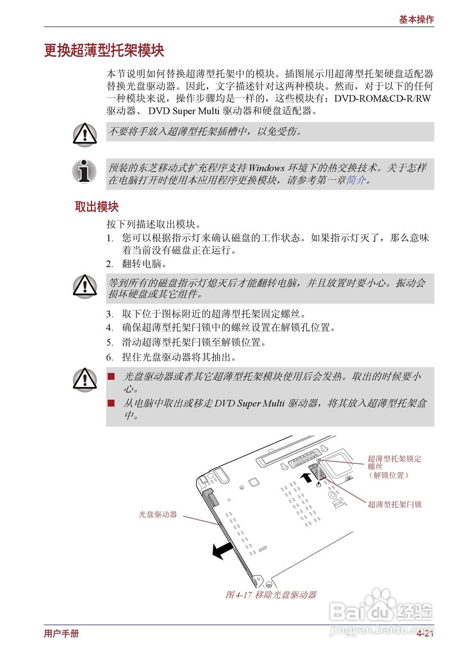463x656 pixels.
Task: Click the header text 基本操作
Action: (x=416, y=19)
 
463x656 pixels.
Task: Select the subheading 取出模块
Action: (x=97, y=207)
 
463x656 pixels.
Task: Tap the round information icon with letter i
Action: (x=84, y=171)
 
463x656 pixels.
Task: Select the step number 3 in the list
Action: (x=109, y=314)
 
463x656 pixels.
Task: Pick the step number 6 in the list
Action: (x=109, y=357)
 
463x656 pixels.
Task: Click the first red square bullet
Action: (x=111, y=377)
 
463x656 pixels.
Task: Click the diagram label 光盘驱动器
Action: (x=158, y=514)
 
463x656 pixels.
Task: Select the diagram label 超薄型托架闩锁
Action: (x=394, y=505)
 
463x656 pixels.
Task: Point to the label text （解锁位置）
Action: (x=388, y=475)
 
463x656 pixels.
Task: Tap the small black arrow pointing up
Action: (x=306, y=478)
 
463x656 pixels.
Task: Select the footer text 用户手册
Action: (x=62, y=634)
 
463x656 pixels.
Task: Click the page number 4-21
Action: (x=425, y=634)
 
